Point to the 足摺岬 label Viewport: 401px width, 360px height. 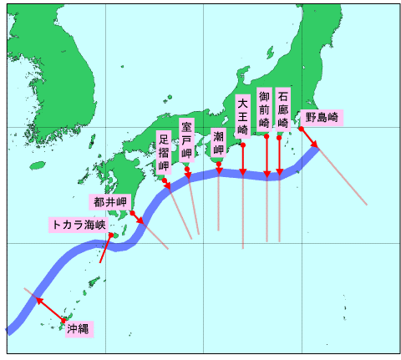(164, 152)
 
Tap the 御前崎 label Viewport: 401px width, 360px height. (265, 109)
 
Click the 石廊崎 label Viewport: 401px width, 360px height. (283, 109)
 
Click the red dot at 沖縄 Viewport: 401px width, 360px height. (63, 319)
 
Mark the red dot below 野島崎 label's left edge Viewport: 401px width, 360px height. (301, 129)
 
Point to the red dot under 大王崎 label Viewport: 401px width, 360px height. (242, 145)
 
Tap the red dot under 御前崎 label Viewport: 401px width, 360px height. (266, 135)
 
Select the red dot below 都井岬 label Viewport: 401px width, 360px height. (133, 212)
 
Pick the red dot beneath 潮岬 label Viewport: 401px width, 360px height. (219, 164)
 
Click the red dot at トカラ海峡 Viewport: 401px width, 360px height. (111, 236)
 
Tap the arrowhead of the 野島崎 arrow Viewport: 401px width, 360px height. (316, 148)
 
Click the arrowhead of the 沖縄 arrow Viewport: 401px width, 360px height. (36, 298)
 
